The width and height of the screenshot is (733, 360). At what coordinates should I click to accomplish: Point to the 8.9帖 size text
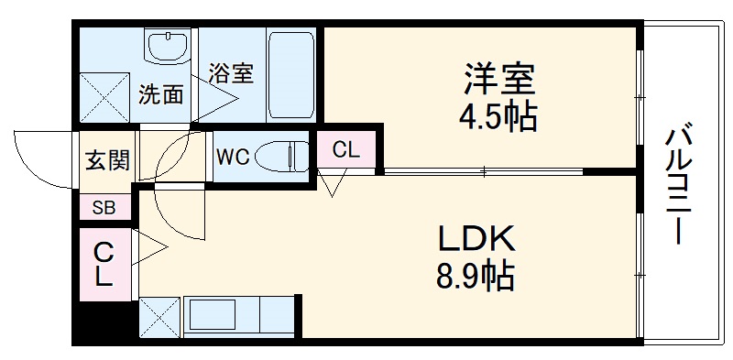coord(475,276)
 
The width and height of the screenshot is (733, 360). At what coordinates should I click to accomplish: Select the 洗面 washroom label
coord(160,94)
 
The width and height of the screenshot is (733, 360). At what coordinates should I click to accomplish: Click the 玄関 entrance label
coord(107,160)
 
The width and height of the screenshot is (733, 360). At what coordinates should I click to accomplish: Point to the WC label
coord(233,155)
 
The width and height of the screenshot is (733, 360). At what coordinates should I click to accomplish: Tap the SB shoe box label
coord(104,207)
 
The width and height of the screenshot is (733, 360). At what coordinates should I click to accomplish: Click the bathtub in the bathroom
coord(291,72)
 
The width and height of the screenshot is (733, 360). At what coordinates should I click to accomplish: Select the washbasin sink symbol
coord(168,46)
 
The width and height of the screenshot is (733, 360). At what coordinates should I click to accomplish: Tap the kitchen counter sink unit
coord(238,317)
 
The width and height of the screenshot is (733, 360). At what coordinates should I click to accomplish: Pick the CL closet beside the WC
coord(346,150)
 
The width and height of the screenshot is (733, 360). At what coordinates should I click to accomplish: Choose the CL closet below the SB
coord(104,264)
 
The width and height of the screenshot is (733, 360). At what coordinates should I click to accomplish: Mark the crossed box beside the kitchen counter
coord(159,318)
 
